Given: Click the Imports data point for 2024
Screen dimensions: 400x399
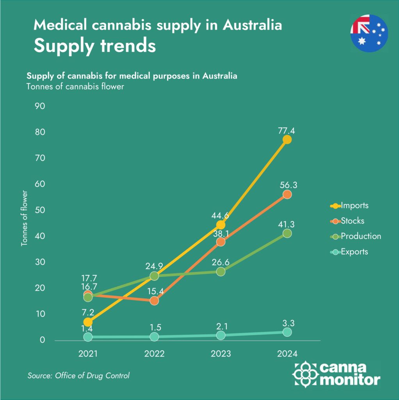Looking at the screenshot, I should tap(287, 139).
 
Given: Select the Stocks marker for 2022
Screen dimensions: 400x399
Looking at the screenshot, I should tap(154, 300).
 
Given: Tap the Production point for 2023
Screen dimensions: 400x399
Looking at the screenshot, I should tap(221, 271).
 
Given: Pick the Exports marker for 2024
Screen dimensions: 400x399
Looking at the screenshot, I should tap(287, 332).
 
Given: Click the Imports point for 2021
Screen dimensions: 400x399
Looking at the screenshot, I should tap(88, 322).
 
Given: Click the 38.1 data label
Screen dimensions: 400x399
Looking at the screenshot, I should tap(221, 234).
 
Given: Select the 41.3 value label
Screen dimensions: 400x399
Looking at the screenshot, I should tap(287, 225).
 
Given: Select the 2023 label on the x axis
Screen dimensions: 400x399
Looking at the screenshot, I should tap(221, 354).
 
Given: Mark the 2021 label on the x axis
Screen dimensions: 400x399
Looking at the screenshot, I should tap(88, 354).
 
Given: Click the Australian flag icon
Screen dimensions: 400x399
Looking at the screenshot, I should tap(369, 33).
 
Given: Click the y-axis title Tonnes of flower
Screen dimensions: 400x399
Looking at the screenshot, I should tap(24, 218).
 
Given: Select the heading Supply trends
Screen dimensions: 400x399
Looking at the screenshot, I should tap(94, 46).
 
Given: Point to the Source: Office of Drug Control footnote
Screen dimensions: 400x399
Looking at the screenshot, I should tap(78, 376).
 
